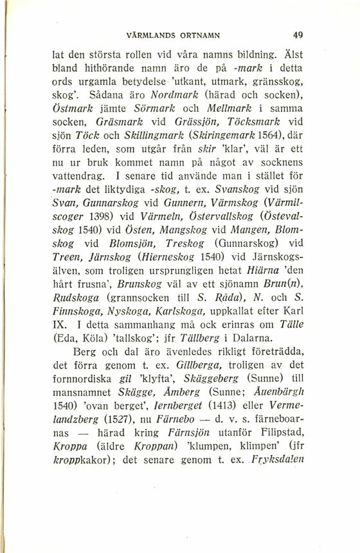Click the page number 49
[296, 35]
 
